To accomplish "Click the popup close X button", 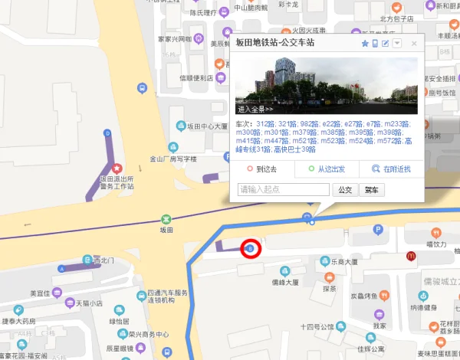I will (x=414, y=44).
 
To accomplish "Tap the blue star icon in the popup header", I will (x=365, y=44).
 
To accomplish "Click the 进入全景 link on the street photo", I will (x=256, y=109).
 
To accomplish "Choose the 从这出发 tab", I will (x=327, y=169).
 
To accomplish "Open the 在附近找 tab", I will (x=392, y=169).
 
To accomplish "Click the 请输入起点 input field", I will (x=284, y=189).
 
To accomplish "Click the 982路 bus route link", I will (x=308, y=124).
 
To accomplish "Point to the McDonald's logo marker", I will (x=412, y=255).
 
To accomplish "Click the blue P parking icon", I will (x=376, y=230).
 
